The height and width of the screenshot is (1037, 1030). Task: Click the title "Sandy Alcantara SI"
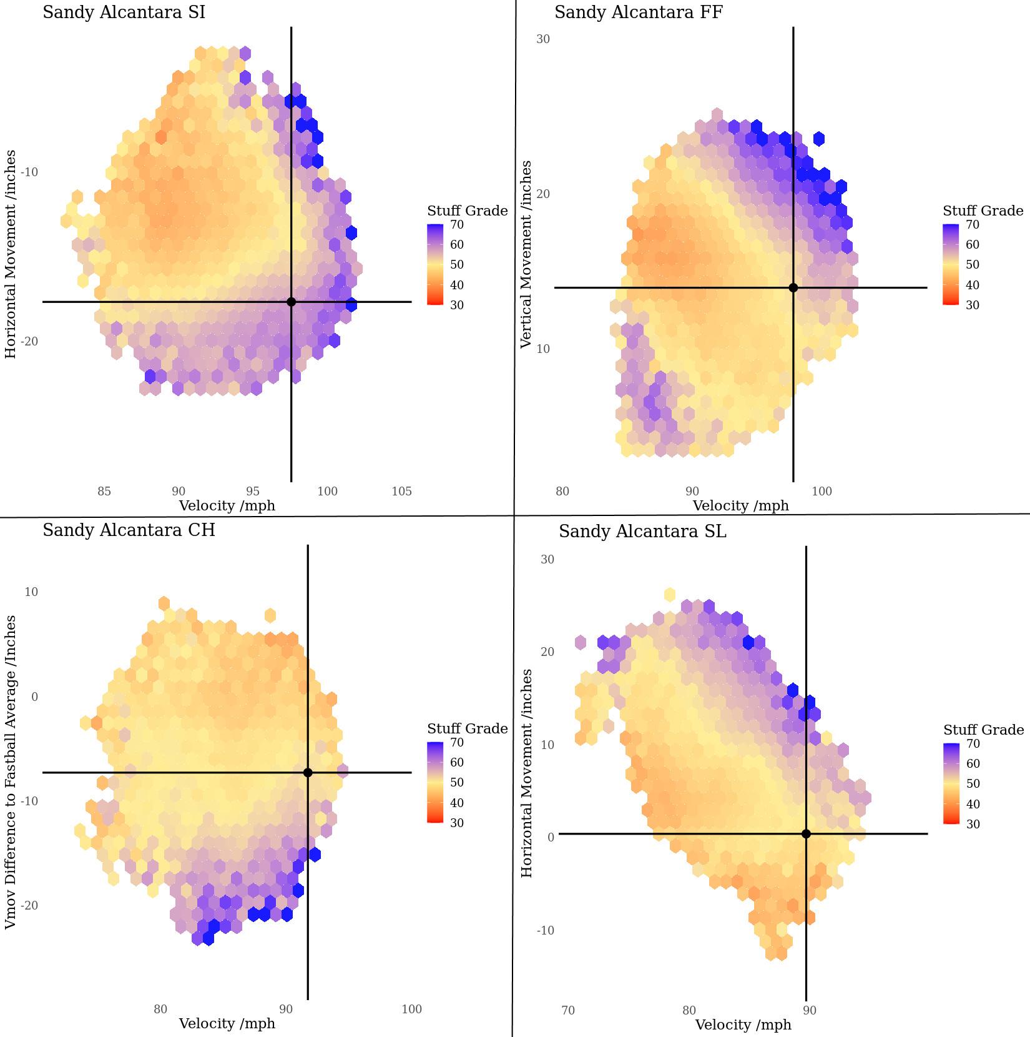[124, 12]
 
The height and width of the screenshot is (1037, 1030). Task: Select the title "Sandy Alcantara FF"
[639, 12]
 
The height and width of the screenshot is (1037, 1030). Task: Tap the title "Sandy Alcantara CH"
[129, 530]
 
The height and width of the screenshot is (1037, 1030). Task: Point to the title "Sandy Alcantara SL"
[642, 532]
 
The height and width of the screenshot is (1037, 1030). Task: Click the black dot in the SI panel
[292, 302]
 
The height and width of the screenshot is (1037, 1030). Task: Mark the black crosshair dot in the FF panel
[793, 287]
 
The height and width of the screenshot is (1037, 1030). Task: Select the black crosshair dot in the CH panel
[308, 773]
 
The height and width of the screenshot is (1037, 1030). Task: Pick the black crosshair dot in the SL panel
[806, 834]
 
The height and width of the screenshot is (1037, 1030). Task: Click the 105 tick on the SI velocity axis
[401, 491]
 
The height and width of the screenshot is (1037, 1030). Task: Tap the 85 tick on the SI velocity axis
[104, 491]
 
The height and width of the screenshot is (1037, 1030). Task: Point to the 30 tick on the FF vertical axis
[543, 39]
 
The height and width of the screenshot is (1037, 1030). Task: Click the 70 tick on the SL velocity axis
[567, 1010]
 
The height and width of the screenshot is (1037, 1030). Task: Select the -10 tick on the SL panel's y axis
[545, 930]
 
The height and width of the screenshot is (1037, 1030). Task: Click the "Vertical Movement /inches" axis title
[526, 254]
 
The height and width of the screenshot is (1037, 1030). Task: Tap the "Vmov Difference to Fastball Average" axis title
[11, 772]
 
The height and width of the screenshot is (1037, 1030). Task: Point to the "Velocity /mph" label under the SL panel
[743, 1025]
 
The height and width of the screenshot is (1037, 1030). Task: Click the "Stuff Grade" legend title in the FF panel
[983, 211]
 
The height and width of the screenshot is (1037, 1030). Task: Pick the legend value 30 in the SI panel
[457, 305]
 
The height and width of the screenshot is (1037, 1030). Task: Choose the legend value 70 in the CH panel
[457, 742]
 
